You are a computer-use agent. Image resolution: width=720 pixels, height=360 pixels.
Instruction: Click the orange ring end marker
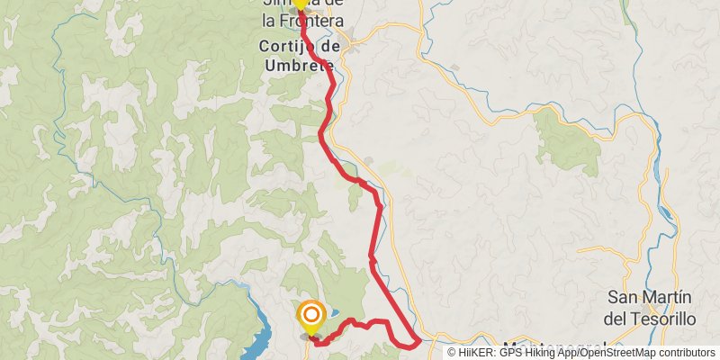tap(310, 315)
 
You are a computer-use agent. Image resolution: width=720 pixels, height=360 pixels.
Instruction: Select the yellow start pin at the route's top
tap(300, 4)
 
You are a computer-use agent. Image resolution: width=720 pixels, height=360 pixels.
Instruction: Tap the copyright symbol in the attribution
tap(453, 353)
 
